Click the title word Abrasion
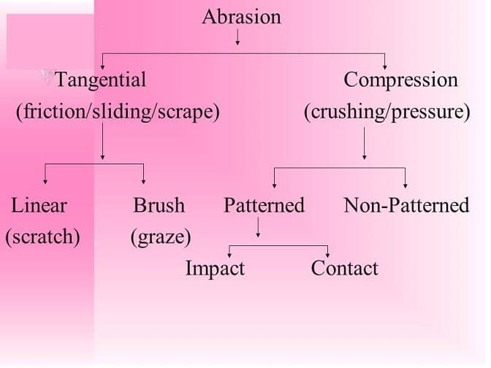point(241,17)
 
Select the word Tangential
point(101,80)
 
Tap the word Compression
point(400,80)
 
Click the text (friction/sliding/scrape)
point(118,113)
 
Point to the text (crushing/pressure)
point(387,113)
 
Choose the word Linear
point(39,205)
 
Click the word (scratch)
point(42,237)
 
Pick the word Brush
point(159,205)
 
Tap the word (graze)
point(161,237)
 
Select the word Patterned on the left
point(264,205)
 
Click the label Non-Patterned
point(406,205)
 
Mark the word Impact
point(215,268)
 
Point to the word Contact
point(344,268)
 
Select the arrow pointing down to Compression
point(385,63)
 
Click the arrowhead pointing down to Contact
point(328,253)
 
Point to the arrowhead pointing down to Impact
point(230,253)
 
